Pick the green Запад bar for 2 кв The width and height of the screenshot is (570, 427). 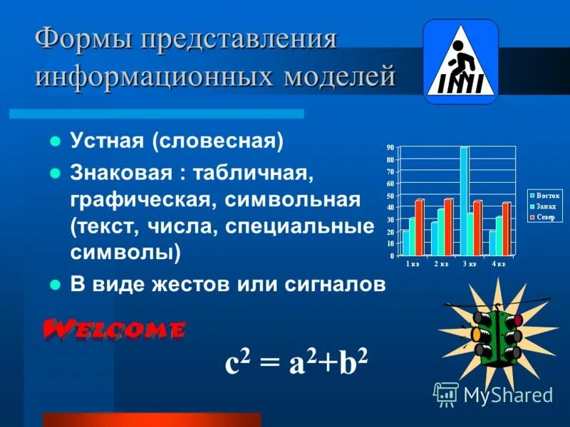[x=441, y=231]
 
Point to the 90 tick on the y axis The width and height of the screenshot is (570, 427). [x=390, y=147]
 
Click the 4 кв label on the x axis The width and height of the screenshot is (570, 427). [x=498, y=264]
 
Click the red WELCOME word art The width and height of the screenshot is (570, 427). [x=114, y=330]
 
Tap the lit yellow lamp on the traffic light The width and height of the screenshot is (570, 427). [x=475, y=333]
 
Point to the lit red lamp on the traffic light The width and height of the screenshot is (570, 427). [x=517, y=320]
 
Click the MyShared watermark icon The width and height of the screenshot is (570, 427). [x=446, y=394]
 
